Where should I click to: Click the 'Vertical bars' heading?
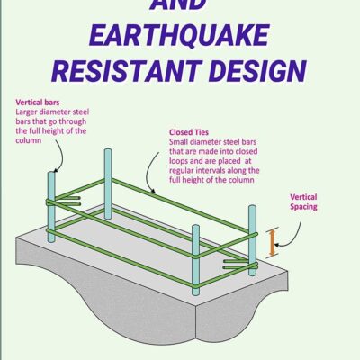33,103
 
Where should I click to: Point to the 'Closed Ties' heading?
189,133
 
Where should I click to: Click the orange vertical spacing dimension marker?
274,242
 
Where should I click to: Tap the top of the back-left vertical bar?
107,154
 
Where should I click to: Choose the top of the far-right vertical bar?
253,210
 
